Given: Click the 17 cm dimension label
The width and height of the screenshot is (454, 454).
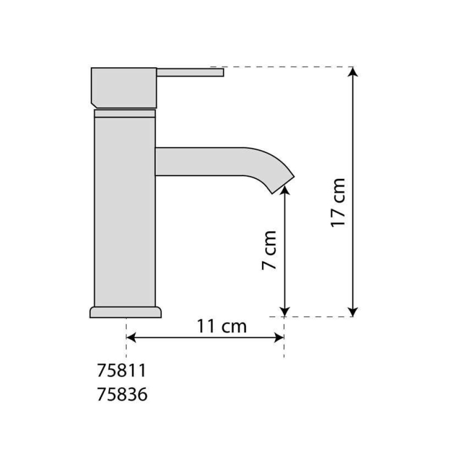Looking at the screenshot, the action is (x=338, y=202).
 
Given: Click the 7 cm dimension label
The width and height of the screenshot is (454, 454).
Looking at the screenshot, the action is (x=269, y=251).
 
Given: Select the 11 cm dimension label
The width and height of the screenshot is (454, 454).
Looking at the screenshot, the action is (x=222, y=326).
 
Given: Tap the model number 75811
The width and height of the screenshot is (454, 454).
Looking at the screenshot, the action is (x=122, y=370).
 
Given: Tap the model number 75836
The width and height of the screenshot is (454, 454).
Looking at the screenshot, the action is (x=122, y=395).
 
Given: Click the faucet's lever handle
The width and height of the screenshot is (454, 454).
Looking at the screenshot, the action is (x=190, y=72).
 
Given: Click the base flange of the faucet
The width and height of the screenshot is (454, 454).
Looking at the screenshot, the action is (x=126, y=312).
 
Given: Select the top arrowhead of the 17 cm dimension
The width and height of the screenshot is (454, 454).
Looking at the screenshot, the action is (x=352, y=72).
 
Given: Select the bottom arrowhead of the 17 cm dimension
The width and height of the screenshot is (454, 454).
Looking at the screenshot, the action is (x=352, y=312).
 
